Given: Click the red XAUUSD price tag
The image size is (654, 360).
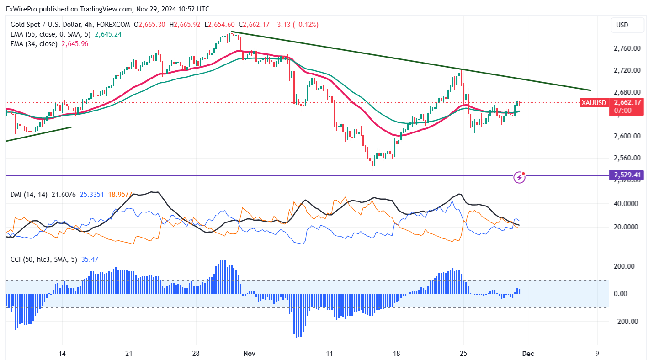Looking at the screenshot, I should coord(594,103).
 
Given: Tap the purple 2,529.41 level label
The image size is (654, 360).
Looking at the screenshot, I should coord(627,175).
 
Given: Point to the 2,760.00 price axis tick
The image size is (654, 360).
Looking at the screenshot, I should coord(627,48).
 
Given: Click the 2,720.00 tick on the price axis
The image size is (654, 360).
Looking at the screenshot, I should coord(627,70).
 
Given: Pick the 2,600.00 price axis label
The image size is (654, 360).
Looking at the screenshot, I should coord(627,136).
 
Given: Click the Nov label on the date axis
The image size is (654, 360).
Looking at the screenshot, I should coord(250,354).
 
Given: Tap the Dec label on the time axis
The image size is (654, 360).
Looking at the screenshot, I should coord(528,354).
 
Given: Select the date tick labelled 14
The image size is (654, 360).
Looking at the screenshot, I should coord(63,354).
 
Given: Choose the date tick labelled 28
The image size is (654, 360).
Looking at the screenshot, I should coord(196,354).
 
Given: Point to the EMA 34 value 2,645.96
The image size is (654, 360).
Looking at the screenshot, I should coord(75,44).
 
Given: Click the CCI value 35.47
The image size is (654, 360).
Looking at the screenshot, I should coord(90,259).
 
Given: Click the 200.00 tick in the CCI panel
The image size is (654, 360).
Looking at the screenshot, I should coord(623,266).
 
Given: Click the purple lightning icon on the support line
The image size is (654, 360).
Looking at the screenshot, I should coord(519,177).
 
